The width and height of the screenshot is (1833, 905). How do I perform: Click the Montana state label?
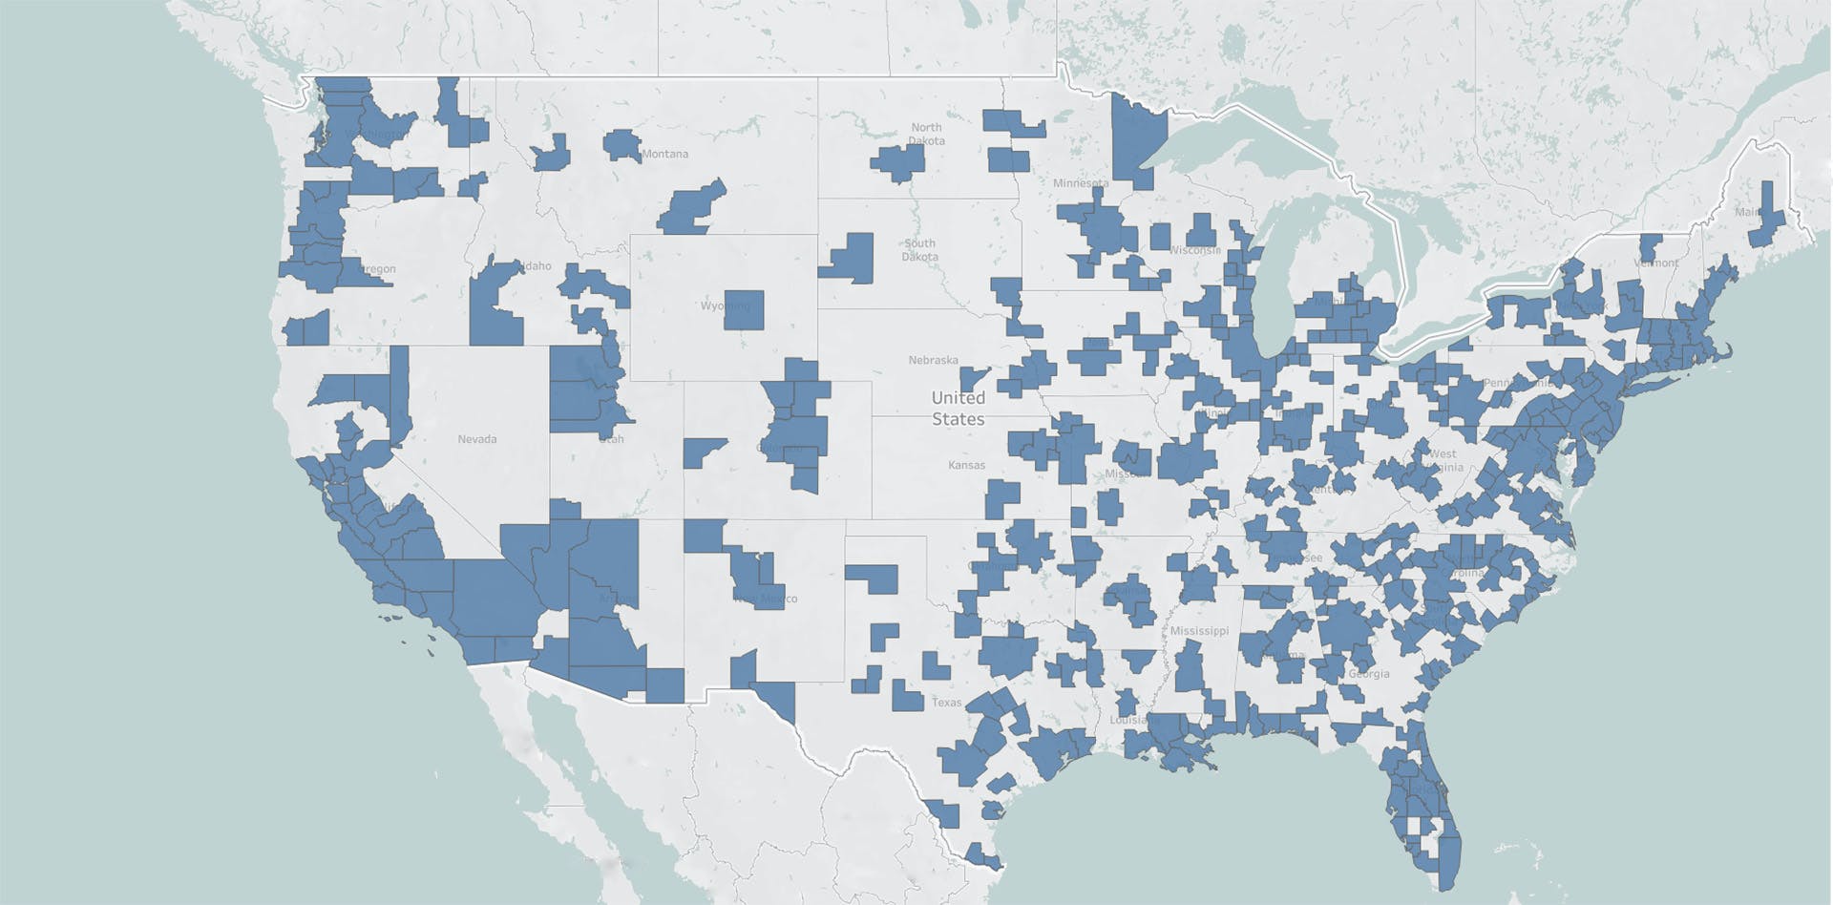[664, 154]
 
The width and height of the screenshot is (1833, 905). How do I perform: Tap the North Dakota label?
[926, 134]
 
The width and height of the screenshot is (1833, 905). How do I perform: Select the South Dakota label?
[920, 250]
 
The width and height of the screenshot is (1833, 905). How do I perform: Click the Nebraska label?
[933, 360]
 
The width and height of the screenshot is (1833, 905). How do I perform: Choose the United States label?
[958, 408]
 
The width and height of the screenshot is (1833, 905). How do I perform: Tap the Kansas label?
[966, 465]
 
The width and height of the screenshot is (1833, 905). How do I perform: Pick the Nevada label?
[476, 439]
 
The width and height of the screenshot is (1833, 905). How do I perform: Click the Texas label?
[946, 702]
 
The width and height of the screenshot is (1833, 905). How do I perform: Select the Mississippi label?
[1199, 631]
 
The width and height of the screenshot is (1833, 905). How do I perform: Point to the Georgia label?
[1370, 674]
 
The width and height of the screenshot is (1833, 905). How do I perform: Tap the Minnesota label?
[1081, 182]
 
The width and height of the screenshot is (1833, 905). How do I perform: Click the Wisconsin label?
[1193, 250]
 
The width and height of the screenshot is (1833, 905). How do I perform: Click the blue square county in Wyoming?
[744, 309]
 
